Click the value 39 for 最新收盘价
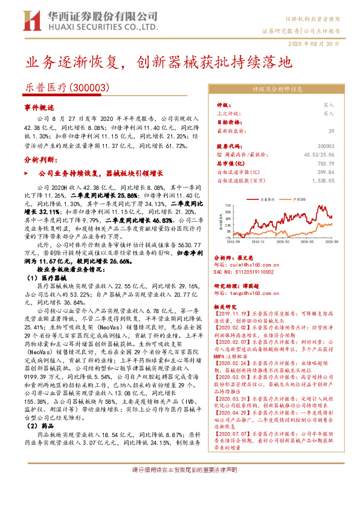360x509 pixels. [330, 131]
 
